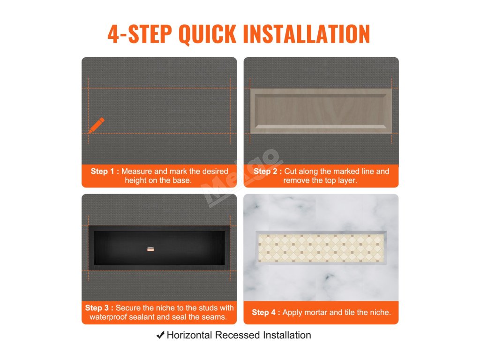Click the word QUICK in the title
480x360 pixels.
pyautogui.click(x=208, y=34)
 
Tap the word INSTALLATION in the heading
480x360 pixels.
pyautogui.click(x=307, y=34)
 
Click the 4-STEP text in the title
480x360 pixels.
pyautogui.click(x=140, y=34)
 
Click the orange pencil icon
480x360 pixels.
pyautogui.click(x=97, y=125)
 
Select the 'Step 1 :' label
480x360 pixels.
pyautogui.click(x=105, y=171)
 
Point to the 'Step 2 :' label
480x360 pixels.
pyautogui.click(x=268, y=171)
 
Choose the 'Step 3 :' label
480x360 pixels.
pyautogui.click(x=99, y=307)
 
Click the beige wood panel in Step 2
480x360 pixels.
pyautogui.click(x=321, y=111)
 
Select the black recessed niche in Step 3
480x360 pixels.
pyautogui.click(x=159, y=248)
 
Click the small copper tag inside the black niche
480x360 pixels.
pyautogui.click(x=150, y=249)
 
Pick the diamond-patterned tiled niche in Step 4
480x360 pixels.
pyautogui.click(x=321, y=248)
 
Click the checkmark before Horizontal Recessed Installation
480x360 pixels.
pyautogui.click(x=160, y=335)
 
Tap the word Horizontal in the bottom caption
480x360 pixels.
pyautogui.click(x=189, y=335)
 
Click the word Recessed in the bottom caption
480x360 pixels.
pyautogui.click(x=237, y=335)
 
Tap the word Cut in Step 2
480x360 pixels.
pyautogui.click(x=290, y=171)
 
